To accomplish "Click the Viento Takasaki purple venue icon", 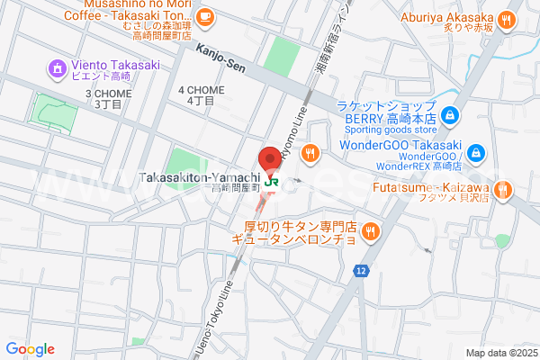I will pyautogui.click(x=58, y=67).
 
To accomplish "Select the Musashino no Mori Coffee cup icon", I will pyautogui.click(x=205, y=14).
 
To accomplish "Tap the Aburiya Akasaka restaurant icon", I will pyautogui.click(x=508, y=17).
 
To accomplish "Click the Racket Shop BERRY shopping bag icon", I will pyautogui.click(x=452, y=114).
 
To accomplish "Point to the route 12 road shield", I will pyautogui.click(x=361, y=271).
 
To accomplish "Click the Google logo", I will pyautogui.click(x=30, y=349).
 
